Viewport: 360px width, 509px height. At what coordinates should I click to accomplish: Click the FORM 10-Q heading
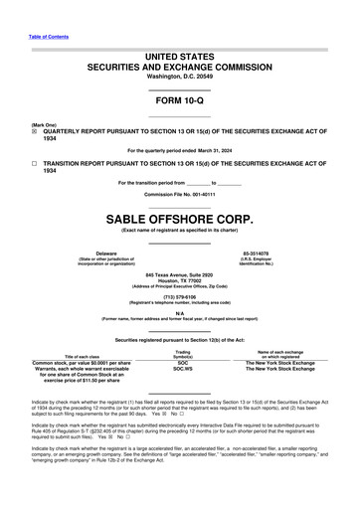point(179,102)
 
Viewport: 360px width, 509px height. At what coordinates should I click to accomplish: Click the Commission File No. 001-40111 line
point(180,195)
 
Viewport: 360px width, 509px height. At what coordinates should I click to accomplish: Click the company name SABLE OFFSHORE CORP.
point(180,217)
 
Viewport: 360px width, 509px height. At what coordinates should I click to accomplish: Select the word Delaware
point(91,254)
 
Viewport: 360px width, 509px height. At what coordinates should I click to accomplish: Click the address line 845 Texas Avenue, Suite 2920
point(180,274)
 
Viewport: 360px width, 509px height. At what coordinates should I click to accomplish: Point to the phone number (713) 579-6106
point(180,295)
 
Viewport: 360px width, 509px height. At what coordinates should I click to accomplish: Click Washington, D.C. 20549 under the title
point(179,76)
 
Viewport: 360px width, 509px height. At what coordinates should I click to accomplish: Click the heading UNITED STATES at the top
point(180,56)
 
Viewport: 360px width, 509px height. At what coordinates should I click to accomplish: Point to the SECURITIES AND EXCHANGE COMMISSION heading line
point(180,67)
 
